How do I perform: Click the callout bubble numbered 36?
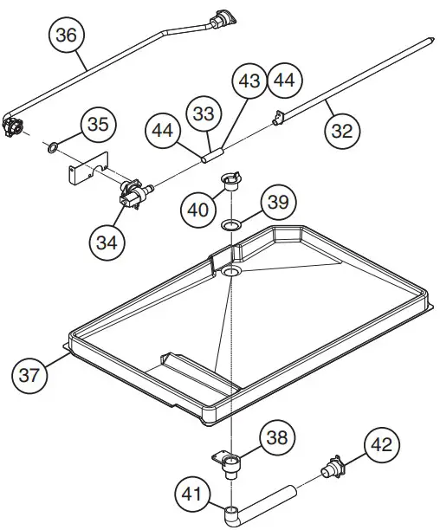pos(67,36)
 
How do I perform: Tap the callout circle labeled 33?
pos(203,113)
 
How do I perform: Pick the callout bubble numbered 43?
pos(249,81)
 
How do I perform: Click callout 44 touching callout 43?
pos(284,81)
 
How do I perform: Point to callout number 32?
pos(342,131)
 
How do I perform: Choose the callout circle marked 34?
pos(107,242)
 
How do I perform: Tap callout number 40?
pos(197,209)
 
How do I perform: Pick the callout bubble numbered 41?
pos(192,495)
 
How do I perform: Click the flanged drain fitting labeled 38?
pos(230,466)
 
